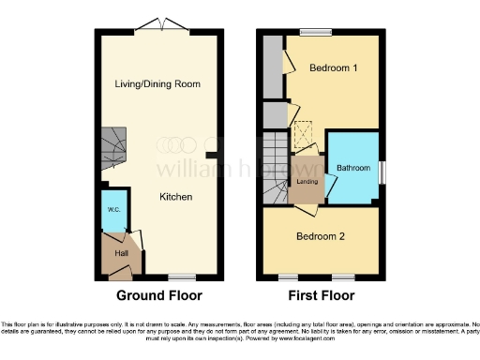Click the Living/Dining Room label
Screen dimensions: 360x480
point(157,83)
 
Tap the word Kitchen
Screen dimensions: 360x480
point(175,197)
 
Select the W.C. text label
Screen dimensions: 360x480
point(112,209)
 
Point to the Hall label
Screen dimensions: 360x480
point(121,252)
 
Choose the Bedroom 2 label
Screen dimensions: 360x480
point(321,236)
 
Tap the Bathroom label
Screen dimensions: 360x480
point(354,168)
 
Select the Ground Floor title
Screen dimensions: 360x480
point(158,295)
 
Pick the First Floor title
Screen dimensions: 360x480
point(322,295)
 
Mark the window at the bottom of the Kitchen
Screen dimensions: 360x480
point(182,277)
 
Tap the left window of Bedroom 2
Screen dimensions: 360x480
point(291,277)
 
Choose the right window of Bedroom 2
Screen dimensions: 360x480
point(344,277)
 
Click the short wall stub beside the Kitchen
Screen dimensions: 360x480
point(212,155)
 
